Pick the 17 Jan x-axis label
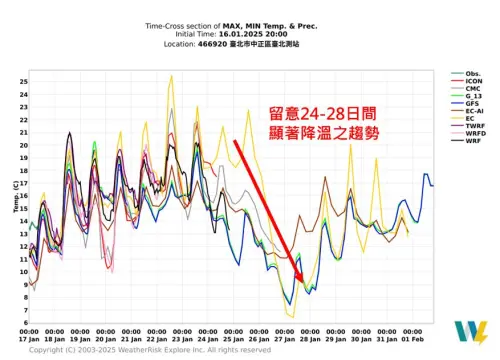28,337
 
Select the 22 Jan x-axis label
157,337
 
